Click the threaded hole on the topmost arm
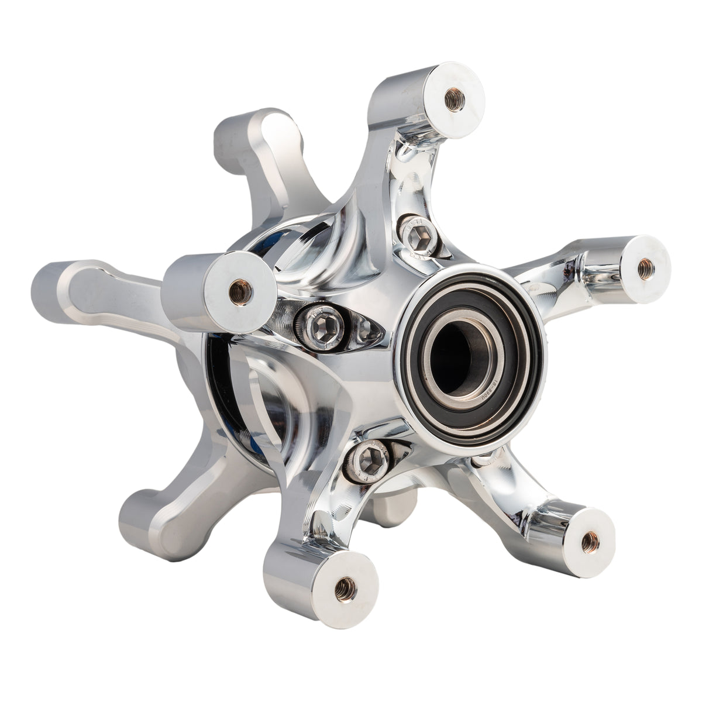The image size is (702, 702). tap(454, 99)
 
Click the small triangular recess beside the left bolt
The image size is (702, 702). tap(367, 331)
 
